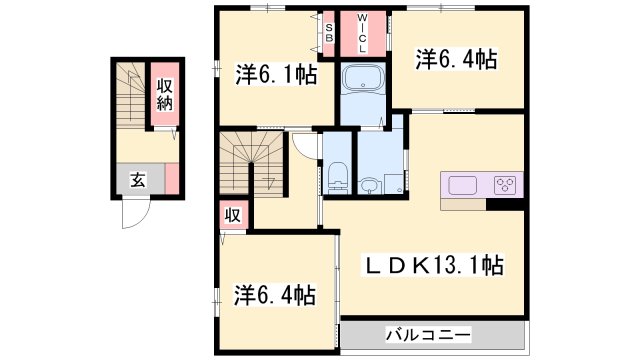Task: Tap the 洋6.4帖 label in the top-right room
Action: [x=456, y=59]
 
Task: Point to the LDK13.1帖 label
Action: [x=432, y=265]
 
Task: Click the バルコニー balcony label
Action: [x=429, y=334]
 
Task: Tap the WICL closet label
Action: [x=362, y=33]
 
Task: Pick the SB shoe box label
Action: [x=329, y=30]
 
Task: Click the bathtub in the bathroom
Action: [x=362, y=81]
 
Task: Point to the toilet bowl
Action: [x=336, y=177]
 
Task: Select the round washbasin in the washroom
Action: [x=371, y=185]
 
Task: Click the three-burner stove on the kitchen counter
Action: [x=505, y=185]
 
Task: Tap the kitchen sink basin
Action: [x=463, y=185]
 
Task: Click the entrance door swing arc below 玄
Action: [x=136, y=215]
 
